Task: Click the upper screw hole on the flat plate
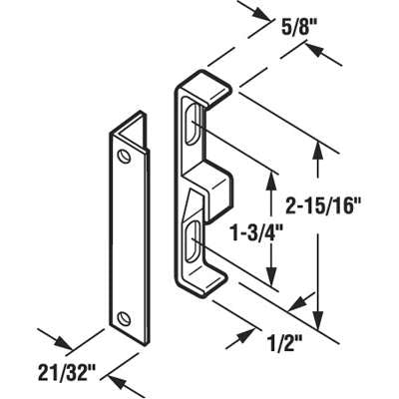coord(124,156)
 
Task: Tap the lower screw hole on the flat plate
coord(124,317)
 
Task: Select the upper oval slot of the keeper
coord(194,125)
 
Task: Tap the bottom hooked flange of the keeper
coord(202,283)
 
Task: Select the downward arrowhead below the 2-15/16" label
coord(318,318)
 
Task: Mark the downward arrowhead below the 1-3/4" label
coord(272,275)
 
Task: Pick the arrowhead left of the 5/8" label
coord(259,14)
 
